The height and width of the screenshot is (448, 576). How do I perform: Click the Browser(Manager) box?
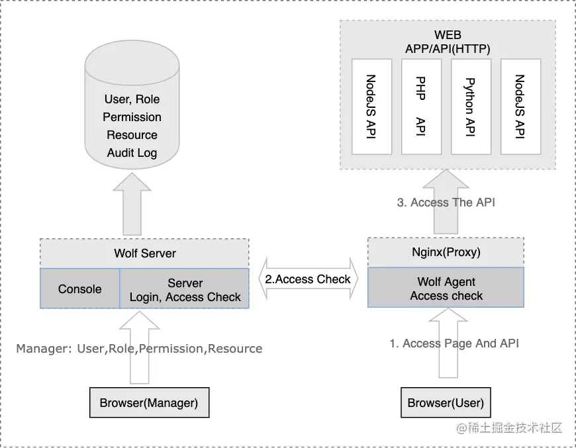150,402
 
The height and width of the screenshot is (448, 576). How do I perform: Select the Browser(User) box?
446,402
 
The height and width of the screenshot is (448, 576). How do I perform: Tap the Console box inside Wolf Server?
79,289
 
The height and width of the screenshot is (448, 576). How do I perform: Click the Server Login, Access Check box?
185,289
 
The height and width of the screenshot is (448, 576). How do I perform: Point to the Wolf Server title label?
145,253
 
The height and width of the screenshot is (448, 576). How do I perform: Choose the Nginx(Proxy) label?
446,252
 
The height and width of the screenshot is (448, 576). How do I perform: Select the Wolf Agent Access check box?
446,288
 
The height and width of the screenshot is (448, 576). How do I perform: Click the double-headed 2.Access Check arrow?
308,279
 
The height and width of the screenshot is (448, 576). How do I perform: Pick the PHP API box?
421,107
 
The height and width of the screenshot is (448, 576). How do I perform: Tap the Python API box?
471,107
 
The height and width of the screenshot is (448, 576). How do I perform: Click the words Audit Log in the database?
132,152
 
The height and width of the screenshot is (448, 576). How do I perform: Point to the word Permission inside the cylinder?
132,116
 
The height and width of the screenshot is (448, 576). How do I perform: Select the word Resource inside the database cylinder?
132,135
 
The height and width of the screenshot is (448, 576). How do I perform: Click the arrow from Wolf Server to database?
132,204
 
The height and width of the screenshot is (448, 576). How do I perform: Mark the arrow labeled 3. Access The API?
446,202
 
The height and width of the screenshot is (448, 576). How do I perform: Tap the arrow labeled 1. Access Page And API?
448,343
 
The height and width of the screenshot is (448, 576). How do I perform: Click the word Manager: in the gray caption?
44,349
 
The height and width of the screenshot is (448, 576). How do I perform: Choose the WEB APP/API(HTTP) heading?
448,42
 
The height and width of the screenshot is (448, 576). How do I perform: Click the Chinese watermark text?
509,427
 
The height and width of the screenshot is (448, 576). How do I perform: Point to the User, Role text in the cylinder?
132,99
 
